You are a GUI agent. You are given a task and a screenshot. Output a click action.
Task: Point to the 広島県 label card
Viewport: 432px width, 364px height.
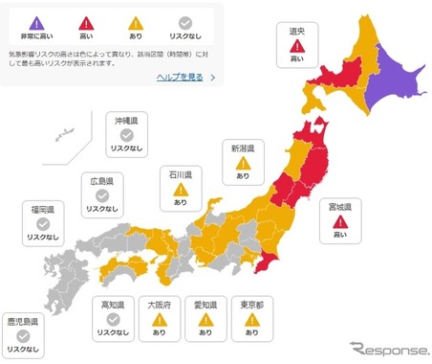[102, 194]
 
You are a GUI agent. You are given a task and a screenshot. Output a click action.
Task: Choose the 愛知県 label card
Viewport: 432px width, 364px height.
[205, 318]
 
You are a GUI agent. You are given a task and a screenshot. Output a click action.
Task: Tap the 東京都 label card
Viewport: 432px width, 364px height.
[252, 318]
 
